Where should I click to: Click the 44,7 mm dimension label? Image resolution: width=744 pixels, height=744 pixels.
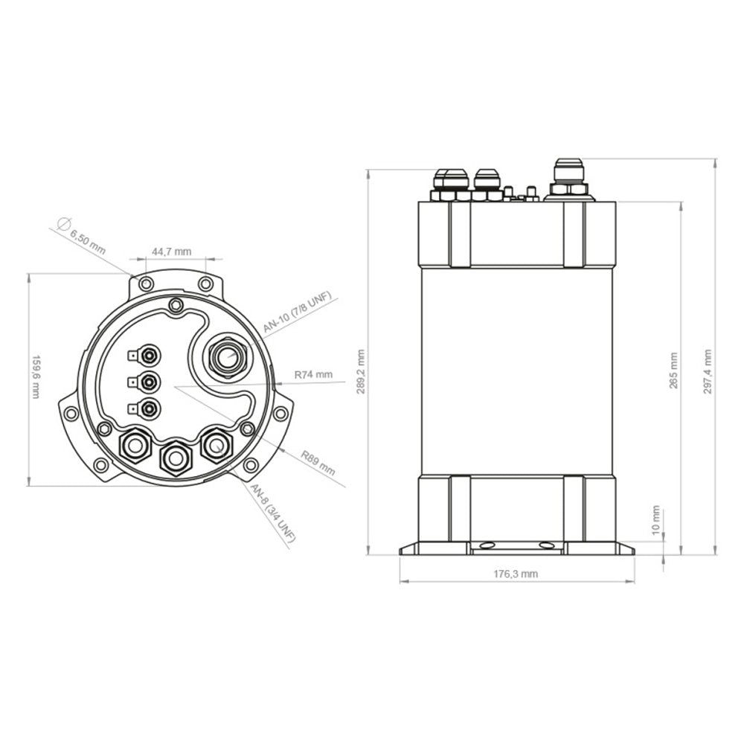tap(172, 251)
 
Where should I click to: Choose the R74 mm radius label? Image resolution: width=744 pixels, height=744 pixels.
tap(313, 374)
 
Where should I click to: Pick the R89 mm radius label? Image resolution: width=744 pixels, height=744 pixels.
tap(318, 463)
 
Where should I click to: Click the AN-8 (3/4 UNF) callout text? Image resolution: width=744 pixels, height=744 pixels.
tap(273, 514)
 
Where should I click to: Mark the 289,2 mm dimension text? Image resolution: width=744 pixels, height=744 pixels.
tap(361, 362)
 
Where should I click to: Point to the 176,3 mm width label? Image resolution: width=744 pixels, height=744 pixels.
tap(516, 574)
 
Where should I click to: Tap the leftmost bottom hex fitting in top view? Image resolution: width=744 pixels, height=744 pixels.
tap(136, 446)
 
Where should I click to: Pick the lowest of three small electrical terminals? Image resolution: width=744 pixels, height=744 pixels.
tap(150, 408)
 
